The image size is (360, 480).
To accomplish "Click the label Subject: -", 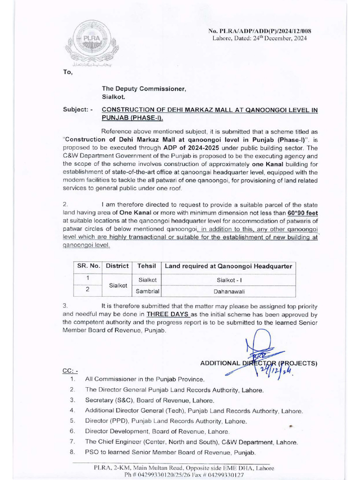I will coord(78,110).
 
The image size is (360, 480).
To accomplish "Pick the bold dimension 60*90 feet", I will coord(303,213).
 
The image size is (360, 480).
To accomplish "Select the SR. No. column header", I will coord(89,266).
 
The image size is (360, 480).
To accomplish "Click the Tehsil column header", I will coord(146,266).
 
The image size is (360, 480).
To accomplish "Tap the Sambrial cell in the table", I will coord(148,291).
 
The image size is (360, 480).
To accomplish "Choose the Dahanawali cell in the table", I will coord(228,291).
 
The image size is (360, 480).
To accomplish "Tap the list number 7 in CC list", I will coord(72,442).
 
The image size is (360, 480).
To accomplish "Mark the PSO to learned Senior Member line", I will coord(170,452).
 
